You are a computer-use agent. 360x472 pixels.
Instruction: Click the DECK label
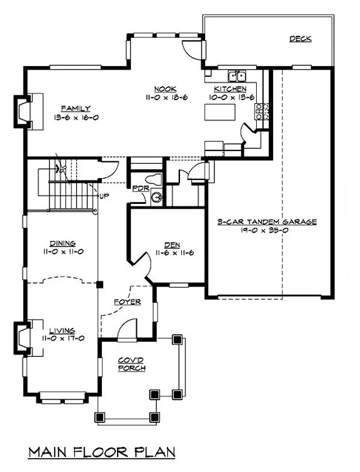301,39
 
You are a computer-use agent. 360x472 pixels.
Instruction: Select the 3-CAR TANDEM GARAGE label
266,221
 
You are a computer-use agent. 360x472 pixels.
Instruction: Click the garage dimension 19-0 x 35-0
266,230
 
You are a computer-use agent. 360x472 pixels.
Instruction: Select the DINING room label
62,243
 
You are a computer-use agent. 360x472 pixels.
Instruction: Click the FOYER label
127,302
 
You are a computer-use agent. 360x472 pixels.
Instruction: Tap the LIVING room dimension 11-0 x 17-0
62,338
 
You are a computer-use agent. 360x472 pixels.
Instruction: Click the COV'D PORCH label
131,363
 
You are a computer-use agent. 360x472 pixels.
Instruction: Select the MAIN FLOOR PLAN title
101,451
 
